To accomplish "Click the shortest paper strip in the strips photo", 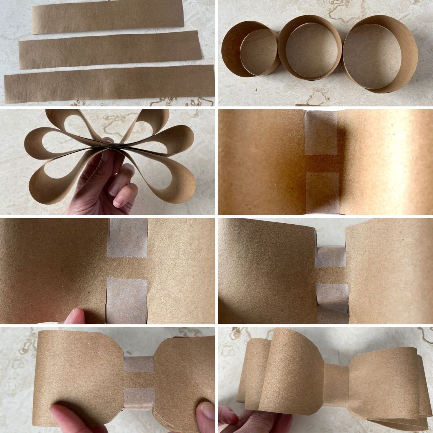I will coord(108,20).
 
